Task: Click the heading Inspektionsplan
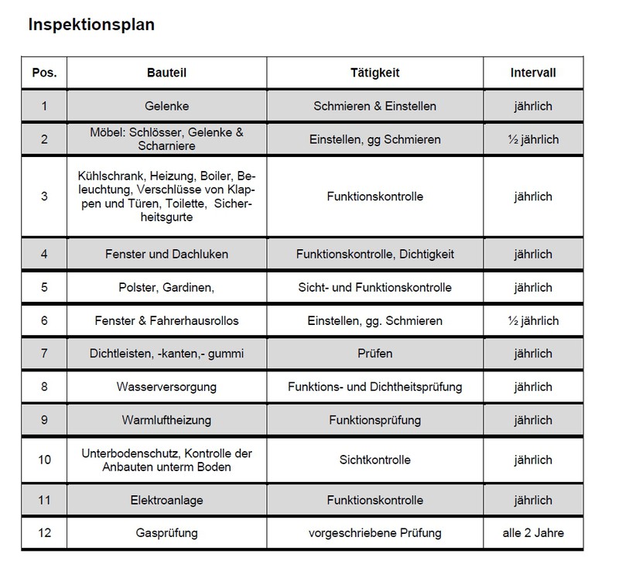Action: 91,25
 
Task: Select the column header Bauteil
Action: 166,74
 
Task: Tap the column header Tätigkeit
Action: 374,74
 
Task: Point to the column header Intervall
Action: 533,74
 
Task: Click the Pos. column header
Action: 44,74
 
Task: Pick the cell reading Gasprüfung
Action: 166,534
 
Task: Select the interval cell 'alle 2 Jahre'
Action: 533,534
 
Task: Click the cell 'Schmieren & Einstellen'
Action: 374,107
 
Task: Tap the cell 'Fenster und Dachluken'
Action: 166,254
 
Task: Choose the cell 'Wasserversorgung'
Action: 166,387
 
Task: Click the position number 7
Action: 44,354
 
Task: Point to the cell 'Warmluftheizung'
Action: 166,420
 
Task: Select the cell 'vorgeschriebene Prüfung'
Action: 374,534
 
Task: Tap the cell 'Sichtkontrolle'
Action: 374,460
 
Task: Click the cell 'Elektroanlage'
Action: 166,501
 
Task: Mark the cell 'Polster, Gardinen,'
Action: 166,287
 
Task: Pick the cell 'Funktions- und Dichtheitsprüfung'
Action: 374,387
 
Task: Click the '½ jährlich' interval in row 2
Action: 533,140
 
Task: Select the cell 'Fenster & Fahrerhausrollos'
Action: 166,320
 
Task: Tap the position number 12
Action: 44,534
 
